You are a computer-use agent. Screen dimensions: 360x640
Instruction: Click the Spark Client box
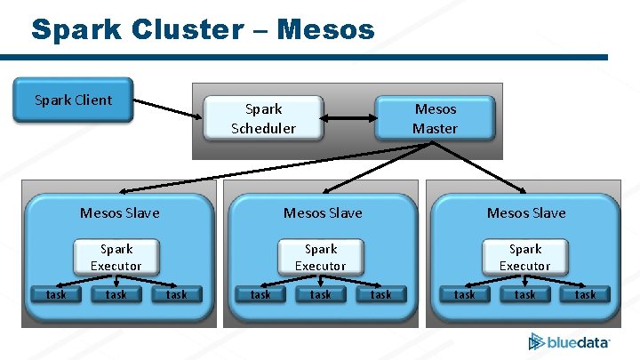(x=73, y=100)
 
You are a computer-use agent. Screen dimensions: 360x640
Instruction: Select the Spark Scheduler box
(x=263, y=118)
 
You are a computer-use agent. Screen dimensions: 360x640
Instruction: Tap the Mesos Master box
(x=435, y=118)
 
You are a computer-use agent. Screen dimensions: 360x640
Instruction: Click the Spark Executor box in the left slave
(x=116, y=257)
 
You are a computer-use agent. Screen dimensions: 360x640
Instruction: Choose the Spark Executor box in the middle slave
(x=320, y=257)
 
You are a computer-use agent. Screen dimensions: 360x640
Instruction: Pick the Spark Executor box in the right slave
(x=524, y=257)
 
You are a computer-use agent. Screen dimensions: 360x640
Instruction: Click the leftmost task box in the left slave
(x=56, y=294)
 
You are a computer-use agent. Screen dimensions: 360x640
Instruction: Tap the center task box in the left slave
(x=116, y=294)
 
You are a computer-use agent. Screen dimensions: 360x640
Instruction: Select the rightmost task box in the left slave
(x=177, y=294)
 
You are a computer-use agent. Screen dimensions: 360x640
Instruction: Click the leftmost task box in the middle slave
(x=260, y=294)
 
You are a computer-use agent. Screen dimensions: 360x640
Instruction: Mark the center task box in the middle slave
(x=320, y=294)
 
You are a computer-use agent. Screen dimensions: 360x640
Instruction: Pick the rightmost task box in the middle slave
(x=380, y=294)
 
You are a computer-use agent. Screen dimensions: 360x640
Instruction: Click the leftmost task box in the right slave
(x=465, y=294)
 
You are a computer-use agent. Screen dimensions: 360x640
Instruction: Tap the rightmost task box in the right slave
(x=585, y=294)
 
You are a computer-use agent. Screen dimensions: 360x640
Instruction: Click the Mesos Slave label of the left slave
(x=119, y=213)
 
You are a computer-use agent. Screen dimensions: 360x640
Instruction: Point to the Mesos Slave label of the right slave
(x=525, y=213)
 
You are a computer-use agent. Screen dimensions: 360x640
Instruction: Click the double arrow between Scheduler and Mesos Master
(x=348, y=117)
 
